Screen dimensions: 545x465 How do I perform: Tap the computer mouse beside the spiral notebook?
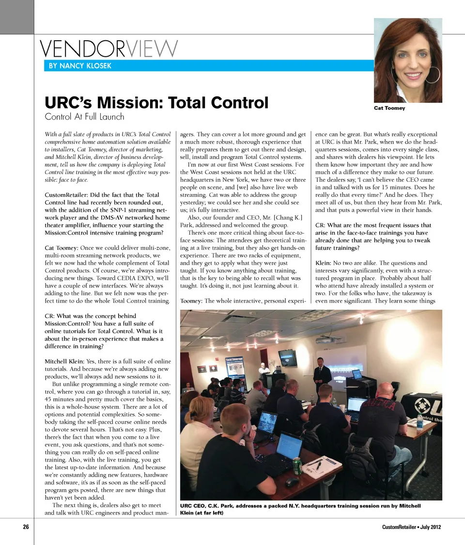pos(292,482)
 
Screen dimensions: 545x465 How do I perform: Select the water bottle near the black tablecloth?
pos(419,422)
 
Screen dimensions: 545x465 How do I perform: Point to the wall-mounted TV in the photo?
pos(287,357)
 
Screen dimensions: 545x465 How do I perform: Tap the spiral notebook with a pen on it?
pos(321,467)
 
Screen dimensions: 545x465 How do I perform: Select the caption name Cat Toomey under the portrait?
pos(389,108)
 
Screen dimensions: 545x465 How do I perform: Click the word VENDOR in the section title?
pos(82,48)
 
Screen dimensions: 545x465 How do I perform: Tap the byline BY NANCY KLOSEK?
pos(80,65)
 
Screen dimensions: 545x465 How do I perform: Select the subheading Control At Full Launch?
pos(84,116)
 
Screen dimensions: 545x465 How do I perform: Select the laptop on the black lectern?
pos(357,374)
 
